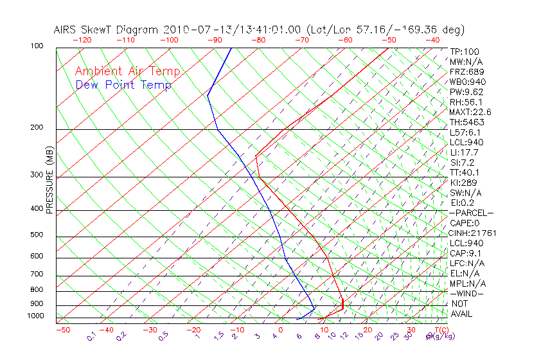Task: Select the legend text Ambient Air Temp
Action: pos(127,71)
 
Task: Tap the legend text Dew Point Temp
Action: pos(123,85)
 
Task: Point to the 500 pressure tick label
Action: pos(37,235)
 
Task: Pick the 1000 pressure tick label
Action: pos(35,316)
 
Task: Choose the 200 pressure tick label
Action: pos(37,127)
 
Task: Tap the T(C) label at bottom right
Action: pos(439,330)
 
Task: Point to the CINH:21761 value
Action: pos(472,233)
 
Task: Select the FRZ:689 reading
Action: pos(467,71)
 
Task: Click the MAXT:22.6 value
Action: pos(470,112)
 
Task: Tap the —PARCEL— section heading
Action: pos(472,213)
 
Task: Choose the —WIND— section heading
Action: pos(467,294)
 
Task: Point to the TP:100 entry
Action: pos(465,51)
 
